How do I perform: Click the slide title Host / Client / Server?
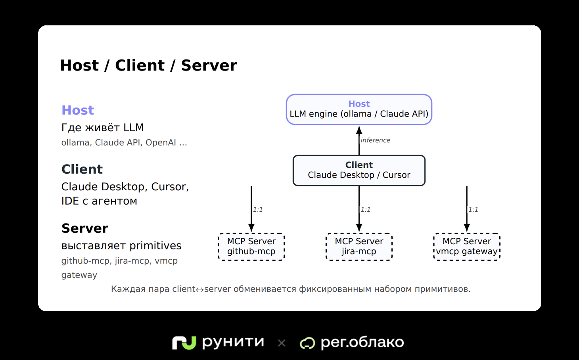tap(148, 65)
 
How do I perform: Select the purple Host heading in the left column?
tap(78, 110)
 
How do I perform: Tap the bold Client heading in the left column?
tap(82, 169)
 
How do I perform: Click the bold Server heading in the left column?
tap(85, 228)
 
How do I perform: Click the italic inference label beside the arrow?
tap(375, 140)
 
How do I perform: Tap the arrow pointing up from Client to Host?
tap(359, 140)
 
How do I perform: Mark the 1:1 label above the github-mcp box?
tap(258, 209)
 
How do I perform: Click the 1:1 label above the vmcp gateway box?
tap(473, 209)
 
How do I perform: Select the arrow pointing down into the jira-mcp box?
tap(359, 209)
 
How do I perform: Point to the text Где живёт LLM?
tap(102, 127)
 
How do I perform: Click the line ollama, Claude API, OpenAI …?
tap(124, 142)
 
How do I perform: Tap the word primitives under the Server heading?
tap(155, 246)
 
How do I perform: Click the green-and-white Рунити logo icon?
tap(184, 343)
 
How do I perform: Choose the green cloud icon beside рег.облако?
tap(307, 343)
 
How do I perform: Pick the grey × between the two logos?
tap(282, 343)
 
